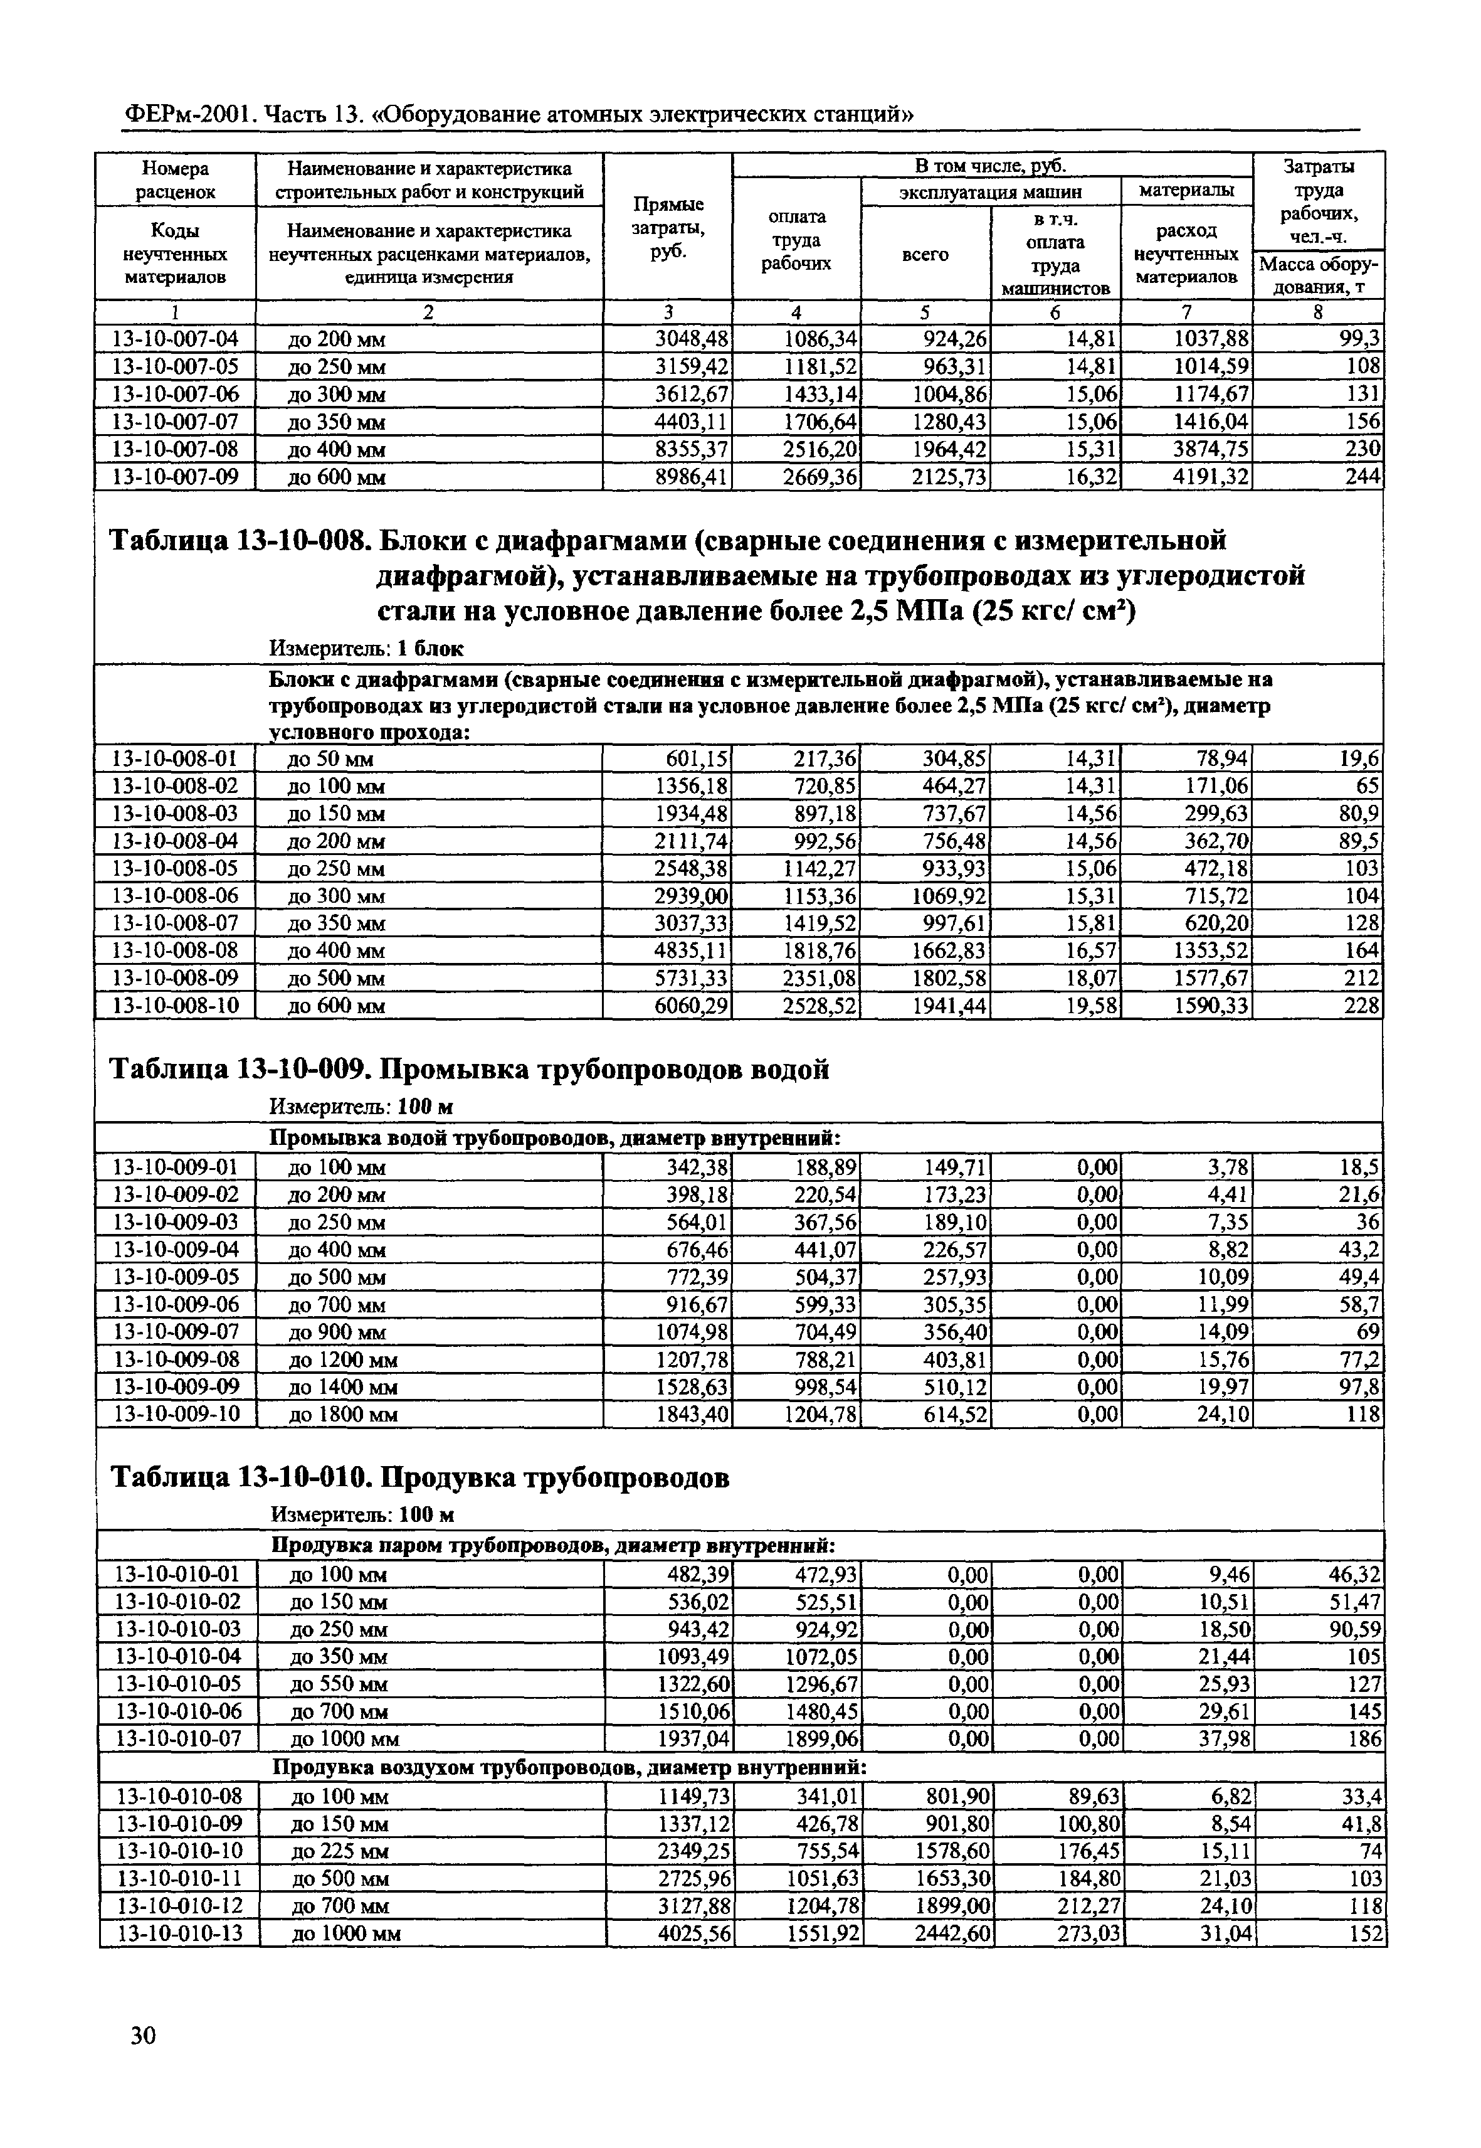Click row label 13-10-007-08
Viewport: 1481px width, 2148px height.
(174, 449)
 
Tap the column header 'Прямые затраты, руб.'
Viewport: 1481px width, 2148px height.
(667, 228)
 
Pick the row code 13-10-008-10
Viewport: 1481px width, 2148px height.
(174, 1006)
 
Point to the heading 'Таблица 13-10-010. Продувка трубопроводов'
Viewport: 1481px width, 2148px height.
(419, 1477)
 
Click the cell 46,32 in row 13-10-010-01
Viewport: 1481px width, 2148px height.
(1353, 1575)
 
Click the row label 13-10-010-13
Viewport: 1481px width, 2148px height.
(176, 1933)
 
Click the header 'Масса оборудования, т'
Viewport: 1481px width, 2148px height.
(1318, 275)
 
